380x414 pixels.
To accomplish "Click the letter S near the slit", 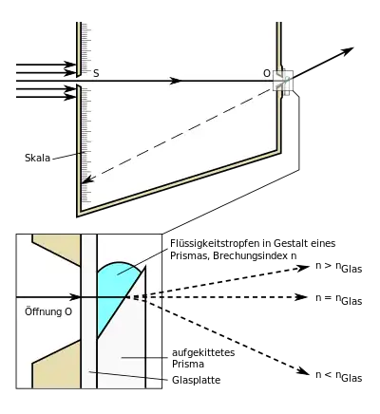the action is coord(96,73).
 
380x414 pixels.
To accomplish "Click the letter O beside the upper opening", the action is coord(267,73).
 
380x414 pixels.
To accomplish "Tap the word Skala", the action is coord(37,158).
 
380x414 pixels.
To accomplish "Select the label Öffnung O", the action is coord(48,311).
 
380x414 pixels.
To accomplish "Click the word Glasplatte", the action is coord(196,380).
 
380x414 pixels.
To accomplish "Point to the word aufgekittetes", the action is coord(203,352).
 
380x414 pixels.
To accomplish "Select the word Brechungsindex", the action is coord(251,255).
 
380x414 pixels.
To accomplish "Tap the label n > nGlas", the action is coord(339,267).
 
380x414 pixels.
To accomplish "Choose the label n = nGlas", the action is coord(339,299).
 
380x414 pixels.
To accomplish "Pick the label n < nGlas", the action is coord(339,376).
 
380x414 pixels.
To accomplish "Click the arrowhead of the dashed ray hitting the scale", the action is coord(87,179).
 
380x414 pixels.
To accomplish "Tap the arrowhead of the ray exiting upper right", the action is coord(346,51).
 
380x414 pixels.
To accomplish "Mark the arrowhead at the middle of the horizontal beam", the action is coord(175,81).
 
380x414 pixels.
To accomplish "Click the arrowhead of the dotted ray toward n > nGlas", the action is coord(303,269).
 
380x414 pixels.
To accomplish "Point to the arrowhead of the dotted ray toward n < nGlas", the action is coord(303,371).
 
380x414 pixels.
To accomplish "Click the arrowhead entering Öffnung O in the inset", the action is coord(75,297).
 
